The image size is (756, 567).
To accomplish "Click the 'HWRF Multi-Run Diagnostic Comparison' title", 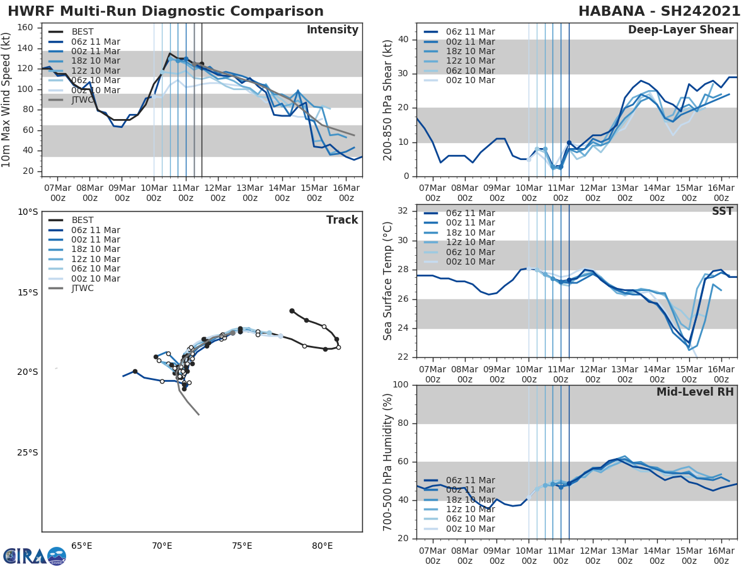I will (166, 11).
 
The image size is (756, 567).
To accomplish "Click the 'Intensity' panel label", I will (333, 30).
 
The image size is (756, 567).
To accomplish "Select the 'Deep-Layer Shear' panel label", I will (680, 30).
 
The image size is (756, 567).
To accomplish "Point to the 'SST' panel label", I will (723, 211).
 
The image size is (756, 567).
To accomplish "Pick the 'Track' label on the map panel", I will (342, 220).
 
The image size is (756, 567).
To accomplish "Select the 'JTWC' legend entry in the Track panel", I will (83, 289).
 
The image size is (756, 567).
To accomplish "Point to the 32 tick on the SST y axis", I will (404, 211).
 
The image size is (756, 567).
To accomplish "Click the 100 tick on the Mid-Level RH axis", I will (402, 385).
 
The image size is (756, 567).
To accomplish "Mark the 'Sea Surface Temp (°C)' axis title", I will (389, 281).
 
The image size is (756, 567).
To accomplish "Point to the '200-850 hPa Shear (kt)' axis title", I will (389, 101).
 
